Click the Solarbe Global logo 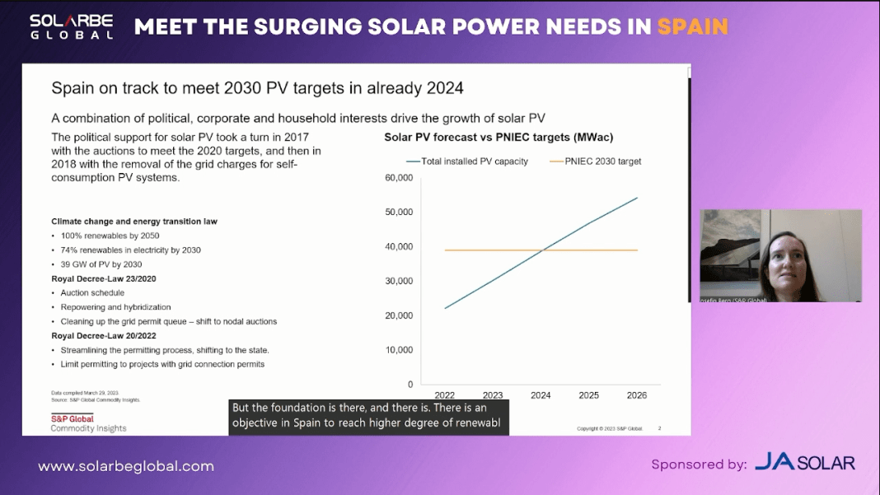pyautogui.click(x=72, y=26)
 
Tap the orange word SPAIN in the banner pyautogui.click(x=692, y=27)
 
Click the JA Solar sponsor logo pyautogui.click(x=804, y=463)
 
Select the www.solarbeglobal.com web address pyautogui.click(x=126, y=466)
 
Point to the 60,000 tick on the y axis pyautogui.click(x=399, y=178)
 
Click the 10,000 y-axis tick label pyautogui.click(x=399, y=350)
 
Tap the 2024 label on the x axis pyautogui.click(x=541, y=395)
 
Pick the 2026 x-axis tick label pyautogui.click(x=636, y=395)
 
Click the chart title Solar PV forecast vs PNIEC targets pyautogui.click(x=499, y=137)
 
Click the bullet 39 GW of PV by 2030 pyautogui.click(x=101, y=264)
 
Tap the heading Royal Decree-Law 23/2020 pyautogui.click(x=104, y=278)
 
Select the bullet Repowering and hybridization pyautogui.click(x=115, y=307)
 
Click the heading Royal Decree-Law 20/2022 pyautogui.click(x=104, y=335)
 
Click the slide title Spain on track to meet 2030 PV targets pyautogui.click(x=257, y=88)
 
